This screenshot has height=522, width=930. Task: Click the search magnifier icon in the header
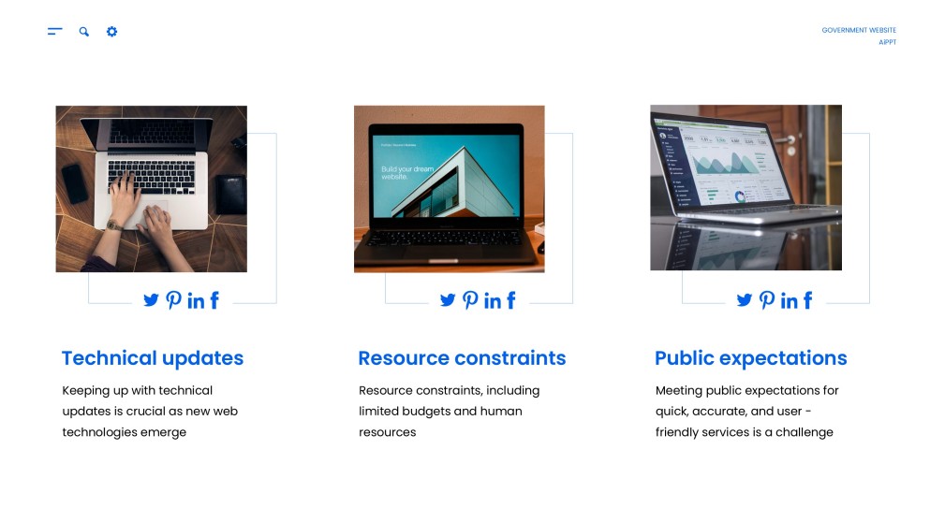84,32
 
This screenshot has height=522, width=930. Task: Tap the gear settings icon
112,32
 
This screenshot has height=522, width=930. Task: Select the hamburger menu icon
55,32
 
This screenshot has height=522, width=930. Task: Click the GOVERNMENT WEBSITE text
859,30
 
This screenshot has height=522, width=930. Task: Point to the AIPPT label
887,42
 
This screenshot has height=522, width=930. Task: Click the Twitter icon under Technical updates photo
151,300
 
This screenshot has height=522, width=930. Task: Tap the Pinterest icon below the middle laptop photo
470,300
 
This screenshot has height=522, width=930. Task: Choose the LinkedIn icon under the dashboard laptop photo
789,300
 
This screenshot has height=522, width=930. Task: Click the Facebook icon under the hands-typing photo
214,300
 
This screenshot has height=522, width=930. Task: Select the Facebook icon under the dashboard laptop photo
807,300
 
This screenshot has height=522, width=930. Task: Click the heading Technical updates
153,358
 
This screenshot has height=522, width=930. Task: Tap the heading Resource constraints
462,358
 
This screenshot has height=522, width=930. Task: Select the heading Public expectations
750,358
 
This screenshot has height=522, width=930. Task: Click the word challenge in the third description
803,432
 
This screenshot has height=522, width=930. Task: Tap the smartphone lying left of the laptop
75,182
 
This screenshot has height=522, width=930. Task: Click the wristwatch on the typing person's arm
113,225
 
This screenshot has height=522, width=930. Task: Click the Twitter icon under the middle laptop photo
448,300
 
